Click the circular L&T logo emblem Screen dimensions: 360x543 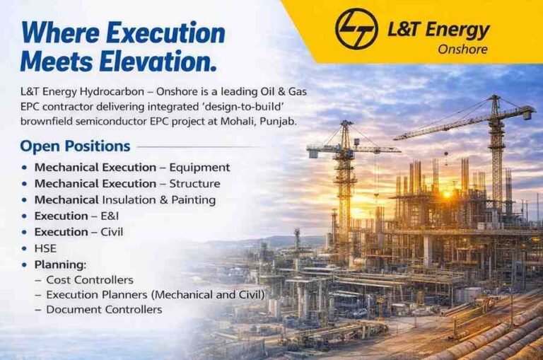coord(356,28)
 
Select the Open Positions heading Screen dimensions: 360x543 coord(75,146)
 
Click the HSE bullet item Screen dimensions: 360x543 coord(45,248)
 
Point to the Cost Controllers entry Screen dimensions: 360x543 coord(89,279)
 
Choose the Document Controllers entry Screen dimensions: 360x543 coord(104,309)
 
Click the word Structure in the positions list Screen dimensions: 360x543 coord(194,184)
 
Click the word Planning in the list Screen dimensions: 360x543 coord(59,265)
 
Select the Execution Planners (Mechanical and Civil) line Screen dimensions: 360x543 coord(155,294)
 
